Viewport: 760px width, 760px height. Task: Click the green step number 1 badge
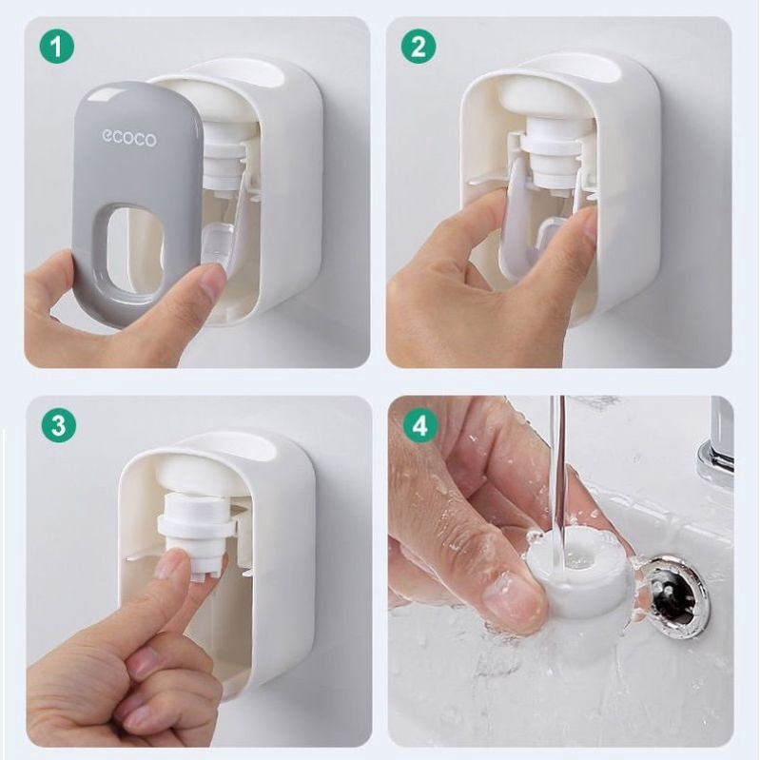click(57, 46)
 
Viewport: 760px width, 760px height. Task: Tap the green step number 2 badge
click(419, 46)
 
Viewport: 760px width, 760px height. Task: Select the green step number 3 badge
click(58, 425)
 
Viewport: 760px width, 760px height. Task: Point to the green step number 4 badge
click(419, 425)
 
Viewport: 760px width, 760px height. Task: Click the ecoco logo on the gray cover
click(129, 138)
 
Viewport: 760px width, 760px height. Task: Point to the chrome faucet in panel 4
click(715, 445)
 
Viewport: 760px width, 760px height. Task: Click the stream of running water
click(557, 470)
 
